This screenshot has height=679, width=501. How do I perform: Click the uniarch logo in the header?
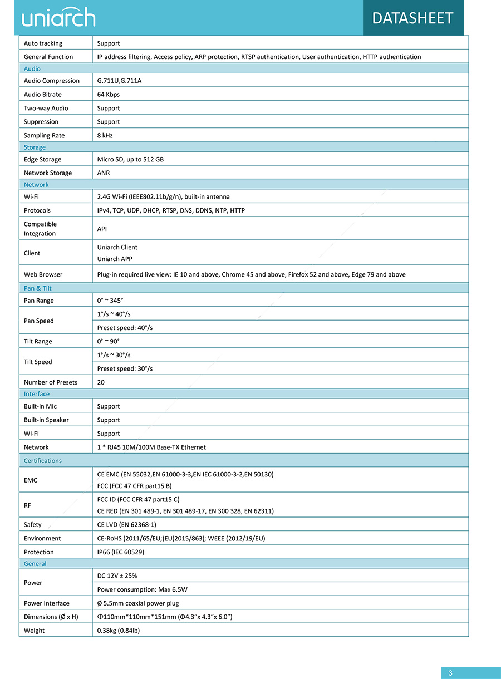[58, 18]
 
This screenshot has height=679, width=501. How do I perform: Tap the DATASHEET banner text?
[412, 18]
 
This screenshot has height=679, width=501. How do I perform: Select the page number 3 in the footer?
[450, 673]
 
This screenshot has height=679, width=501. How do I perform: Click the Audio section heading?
[32, 69]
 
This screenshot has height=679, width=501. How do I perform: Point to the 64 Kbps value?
[109, 95]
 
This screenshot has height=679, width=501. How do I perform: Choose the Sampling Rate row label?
[44, 136]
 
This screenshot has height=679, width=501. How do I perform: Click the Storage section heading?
[35, 147]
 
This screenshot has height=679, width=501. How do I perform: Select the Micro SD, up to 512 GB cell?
[130, 160]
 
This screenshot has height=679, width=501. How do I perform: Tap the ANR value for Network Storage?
[104, 173]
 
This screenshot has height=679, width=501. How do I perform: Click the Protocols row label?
[37, 211]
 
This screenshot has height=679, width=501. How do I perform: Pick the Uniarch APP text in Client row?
[115, 259]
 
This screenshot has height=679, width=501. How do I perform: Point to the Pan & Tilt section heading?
[38, 288]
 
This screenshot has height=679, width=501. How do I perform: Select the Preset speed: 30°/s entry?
[125, 369]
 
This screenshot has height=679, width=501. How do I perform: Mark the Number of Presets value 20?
[101, 382]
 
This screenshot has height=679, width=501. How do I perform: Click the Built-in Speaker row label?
[46, 420]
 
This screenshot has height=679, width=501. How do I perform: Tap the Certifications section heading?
[43, 461]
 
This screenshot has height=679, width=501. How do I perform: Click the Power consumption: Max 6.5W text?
[142, 589]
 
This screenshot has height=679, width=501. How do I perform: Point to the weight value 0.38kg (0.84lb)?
[119, 631]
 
